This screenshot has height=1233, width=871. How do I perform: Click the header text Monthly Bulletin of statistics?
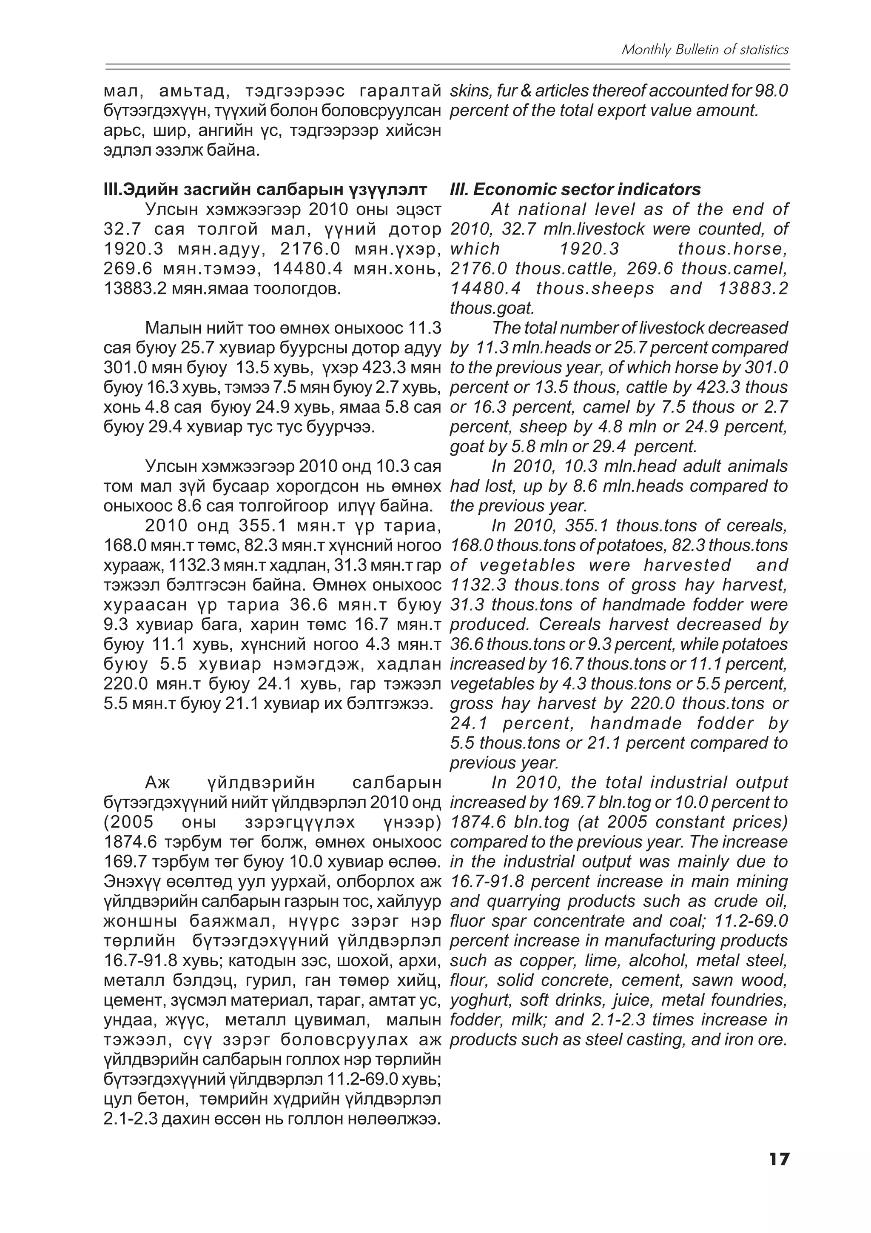point(705,50)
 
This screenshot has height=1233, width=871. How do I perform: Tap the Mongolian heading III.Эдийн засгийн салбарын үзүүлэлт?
point(265,190)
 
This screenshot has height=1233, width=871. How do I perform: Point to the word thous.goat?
point(492,308)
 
